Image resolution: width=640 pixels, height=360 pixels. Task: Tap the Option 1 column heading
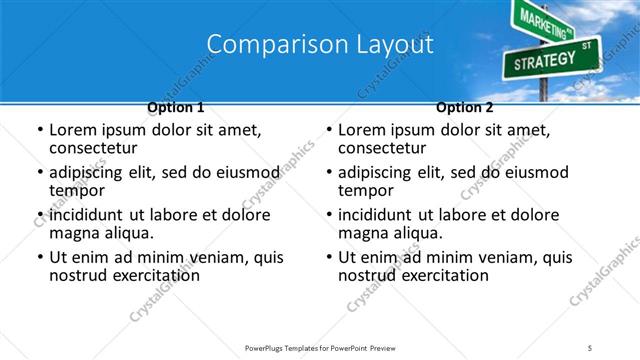(176, 107)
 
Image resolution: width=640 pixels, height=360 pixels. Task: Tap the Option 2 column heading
(465, 107)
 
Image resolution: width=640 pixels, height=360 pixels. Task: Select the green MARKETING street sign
(541, 18)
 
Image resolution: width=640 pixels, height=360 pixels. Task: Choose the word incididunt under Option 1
(92, 215)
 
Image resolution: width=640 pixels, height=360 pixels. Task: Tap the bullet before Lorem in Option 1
(39, 131)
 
